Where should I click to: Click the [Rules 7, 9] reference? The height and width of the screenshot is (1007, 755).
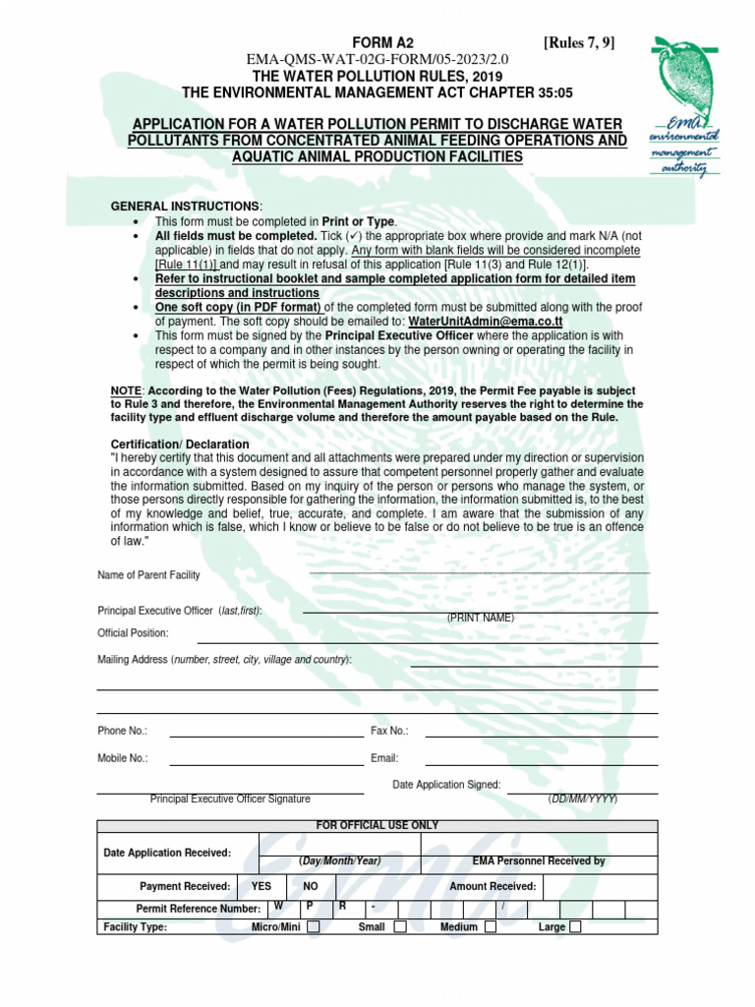580,42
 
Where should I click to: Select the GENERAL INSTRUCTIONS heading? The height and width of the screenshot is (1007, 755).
186,206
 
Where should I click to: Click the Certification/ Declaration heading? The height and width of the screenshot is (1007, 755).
180,444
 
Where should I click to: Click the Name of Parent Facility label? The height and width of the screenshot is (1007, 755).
148,574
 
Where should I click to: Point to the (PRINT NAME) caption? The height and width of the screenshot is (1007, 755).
481,618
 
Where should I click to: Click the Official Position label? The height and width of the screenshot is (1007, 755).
133,633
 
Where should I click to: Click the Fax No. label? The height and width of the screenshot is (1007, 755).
389,731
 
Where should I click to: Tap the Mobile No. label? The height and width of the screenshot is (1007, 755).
123,758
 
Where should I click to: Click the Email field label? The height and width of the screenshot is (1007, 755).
384,758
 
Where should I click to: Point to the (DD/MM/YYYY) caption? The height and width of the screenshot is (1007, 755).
583,800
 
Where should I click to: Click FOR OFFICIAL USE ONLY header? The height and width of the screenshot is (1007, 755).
377,825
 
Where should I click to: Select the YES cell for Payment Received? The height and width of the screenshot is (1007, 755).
261,886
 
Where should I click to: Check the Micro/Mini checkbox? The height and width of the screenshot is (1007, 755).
314,926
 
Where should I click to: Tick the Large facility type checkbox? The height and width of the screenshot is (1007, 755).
576,926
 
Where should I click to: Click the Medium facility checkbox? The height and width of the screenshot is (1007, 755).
490,926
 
